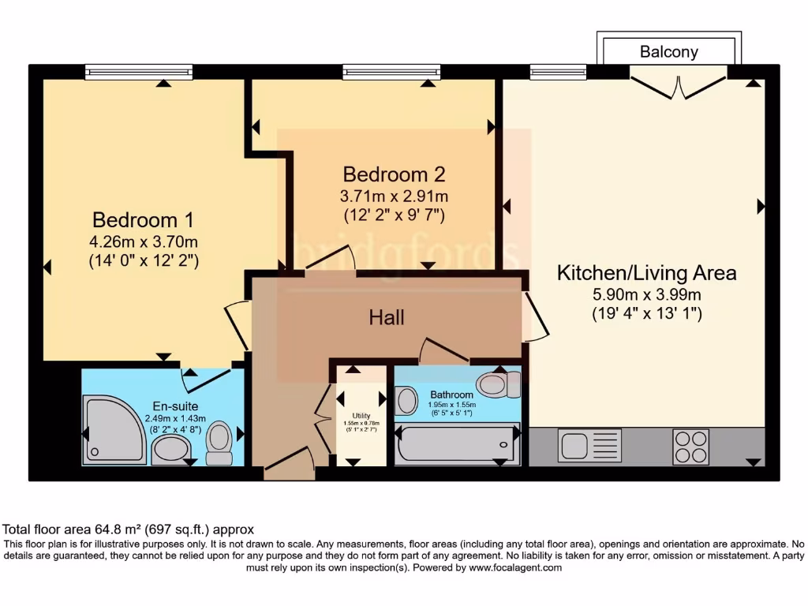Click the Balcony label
coord(668,52)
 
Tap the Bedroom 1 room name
coord(143,219)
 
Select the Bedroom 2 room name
coord(395,174)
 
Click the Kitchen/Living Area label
coord(647,273)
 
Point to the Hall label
coord(387,317)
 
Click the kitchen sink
coord(589,446)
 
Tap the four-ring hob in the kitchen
coord(692,447)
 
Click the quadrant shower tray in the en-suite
coord(114,431)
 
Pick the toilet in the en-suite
coord(219,444)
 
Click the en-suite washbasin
coord(170,451)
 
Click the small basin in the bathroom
coord(406,400)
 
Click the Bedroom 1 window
coord(139,73)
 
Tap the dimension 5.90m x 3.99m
coord(647,295)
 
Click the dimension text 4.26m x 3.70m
coord(143,241)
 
